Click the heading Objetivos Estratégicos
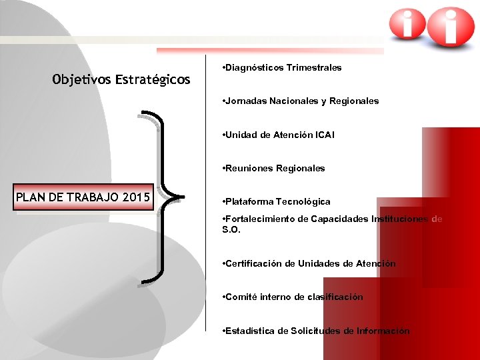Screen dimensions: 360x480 click(121, 80)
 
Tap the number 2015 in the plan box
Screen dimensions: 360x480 click(136, 197)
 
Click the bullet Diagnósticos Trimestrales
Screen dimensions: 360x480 click(282, 67)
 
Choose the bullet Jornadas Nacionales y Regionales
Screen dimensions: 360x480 click(301, 101)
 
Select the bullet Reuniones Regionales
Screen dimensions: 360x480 click(274, 168)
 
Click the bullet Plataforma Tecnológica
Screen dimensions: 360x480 click(277, 201)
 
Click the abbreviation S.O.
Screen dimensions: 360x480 click(231, 229)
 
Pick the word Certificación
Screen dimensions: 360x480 click(254, 263)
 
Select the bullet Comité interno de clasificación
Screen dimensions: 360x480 click(293, 297)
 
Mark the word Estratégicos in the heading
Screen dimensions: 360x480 click(153, 80)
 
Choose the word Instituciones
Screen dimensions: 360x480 click(400, 219)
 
